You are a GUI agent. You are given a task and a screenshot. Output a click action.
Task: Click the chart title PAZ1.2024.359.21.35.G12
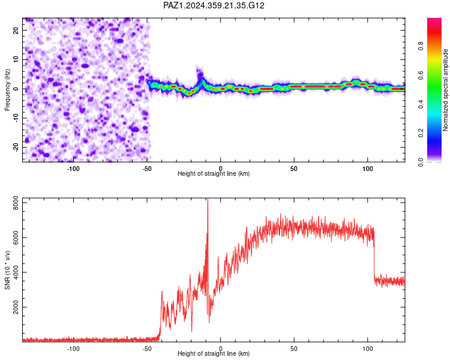(214, 5)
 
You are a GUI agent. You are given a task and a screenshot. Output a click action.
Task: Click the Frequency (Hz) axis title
(7, 90)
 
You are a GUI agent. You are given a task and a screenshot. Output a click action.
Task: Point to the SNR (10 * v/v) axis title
(7, 270)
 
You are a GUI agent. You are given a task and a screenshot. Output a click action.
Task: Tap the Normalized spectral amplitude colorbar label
(445, 90)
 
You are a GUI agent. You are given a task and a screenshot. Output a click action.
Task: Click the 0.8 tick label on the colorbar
(421, 46)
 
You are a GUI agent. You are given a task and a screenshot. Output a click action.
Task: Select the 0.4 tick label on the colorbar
(421, 104)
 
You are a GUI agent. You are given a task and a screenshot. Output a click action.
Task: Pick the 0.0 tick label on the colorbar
(421, 162)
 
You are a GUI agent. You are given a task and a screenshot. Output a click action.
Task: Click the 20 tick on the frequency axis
(16, 31)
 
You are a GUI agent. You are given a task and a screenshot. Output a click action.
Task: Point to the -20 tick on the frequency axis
(16, 147)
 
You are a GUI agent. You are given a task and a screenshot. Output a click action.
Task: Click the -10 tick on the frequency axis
(16, 118)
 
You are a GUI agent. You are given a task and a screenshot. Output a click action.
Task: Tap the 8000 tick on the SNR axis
(16, 203)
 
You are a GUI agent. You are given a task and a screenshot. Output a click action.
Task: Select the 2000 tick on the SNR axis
(16, 307)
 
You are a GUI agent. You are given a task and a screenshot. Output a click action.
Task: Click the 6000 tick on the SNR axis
(16, 238)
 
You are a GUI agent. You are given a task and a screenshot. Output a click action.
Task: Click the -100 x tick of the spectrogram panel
(73, 169)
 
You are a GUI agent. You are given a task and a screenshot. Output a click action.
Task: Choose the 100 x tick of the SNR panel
(368, 349)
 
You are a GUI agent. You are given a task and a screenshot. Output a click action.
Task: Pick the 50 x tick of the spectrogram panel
(294, 169)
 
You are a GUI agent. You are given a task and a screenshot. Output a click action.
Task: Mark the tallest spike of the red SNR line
(208, 199)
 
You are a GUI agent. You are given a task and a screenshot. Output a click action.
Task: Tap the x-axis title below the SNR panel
(214, 353)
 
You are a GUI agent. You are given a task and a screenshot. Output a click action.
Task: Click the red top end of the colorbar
(434, 19)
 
